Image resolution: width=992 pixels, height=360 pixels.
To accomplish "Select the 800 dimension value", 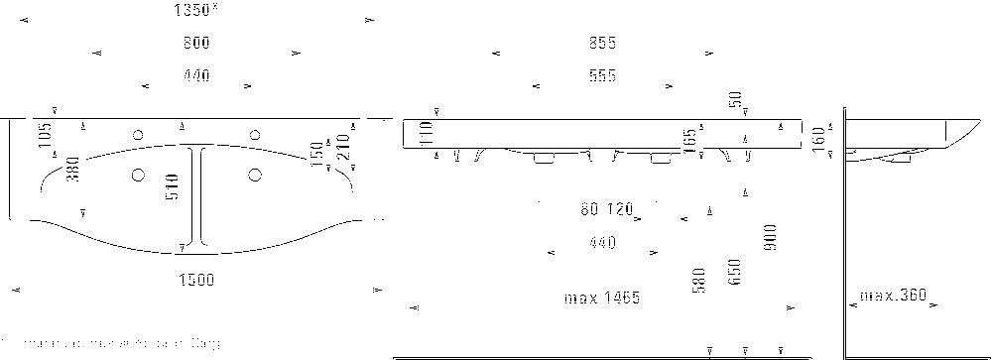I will (x=196, y=44).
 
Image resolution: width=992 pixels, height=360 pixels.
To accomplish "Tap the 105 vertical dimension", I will (x=46, y=135).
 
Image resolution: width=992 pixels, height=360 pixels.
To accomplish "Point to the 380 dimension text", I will (x=71, y=172).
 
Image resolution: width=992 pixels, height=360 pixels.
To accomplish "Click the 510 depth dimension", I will (x=173, y=189).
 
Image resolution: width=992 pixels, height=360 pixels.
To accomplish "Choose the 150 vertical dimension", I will (x=317, y=154).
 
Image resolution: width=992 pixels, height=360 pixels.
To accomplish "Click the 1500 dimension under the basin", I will (x=196, y=281).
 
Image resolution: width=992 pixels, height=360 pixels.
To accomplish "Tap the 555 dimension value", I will (x=601, y=75).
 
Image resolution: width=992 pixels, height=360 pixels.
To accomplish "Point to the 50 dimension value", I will (x=735, y=99).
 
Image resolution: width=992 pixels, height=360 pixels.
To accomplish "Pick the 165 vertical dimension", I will (x=689, y=140).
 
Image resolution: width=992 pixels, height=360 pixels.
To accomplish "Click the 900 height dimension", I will (x=770, y=237).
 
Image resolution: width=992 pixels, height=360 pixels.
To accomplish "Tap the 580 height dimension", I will (x=699, y=281).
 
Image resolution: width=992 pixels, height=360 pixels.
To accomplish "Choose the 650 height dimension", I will (x=734, y=274).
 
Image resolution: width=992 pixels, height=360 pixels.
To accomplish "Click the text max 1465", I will (x=601, y=298).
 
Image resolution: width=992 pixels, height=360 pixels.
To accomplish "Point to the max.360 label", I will (x=892, y=296).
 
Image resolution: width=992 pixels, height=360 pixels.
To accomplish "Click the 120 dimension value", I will (x=619, y=209).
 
